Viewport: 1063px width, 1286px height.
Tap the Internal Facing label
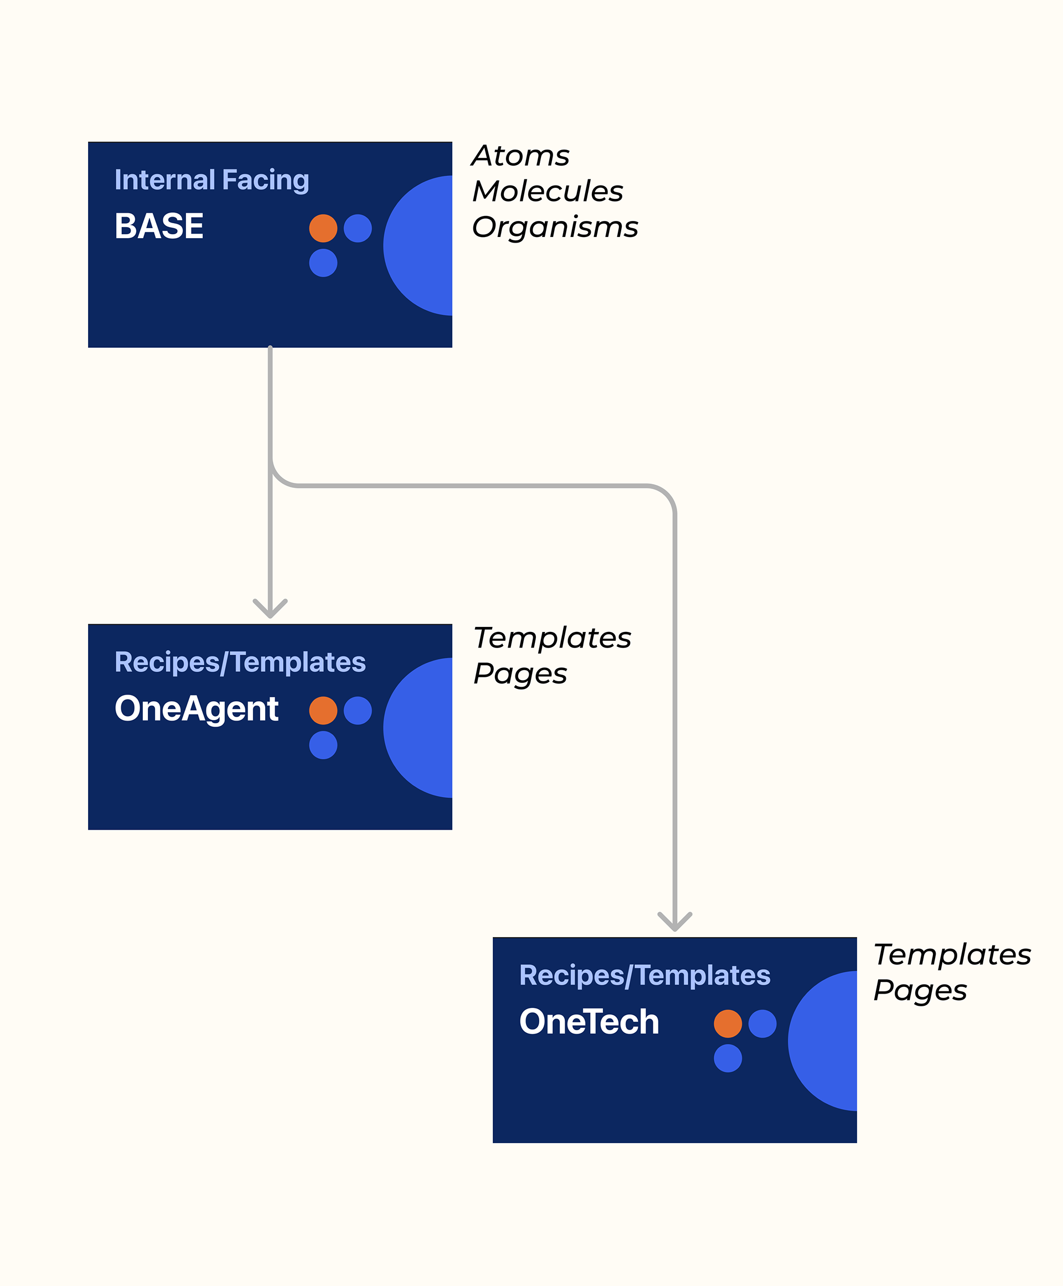(211, 180)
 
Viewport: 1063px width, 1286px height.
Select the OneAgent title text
(196, 708)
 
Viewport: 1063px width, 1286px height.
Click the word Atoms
(520, 156)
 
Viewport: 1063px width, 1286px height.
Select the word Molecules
(548, 191)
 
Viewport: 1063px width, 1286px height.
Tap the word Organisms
(555, 227)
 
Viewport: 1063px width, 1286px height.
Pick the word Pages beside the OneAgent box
(520, 673)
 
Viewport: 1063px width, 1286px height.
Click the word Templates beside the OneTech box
(952, 954)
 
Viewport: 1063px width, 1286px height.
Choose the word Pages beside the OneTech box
(920, 990)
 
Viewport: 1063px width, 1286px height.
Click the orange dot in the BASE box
(323, 228)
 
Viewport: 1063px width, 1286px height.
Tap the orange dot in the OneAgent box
(323, 711)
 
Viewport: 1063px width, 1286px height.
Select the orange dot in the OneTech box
(727, 1023)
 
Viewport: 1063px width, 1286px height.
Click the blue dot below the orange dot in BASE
(323, 263)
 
